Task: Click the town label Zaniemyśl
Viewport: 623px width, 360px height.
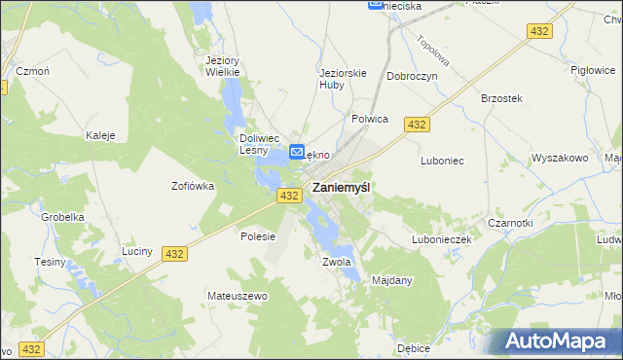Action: [340, 188]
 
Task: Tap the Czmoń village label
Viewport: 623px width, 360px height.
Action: [32, 71]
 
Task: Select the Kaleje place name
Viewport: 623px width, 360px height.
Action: [101, 135]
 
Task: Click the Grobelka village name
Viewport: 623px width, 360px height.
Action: [58, 217]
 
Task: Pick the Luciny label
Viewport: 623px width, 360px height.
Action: [137, 251]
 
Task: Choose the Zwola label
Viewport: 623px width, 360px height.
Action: [335, 262]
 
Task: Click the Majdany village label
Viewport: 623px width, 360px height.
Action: [392, 281]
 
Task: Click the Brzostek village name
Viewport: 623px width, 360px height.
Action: [502, 99]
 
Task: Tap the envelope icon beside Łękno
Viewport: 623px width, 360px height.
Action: [298, 153]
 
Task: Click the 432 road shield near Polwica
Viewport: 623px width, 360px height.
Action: [418, 125]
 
